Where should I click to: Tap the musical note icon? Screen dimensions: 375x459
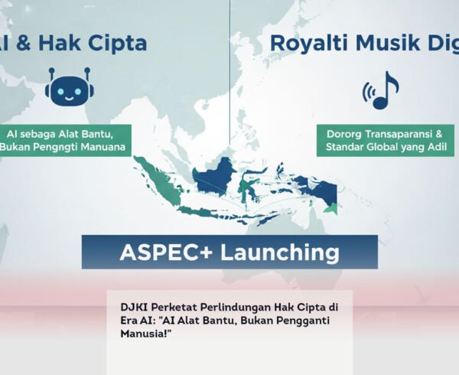383,90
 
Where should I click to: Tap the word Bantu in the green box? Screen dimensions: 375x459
104,132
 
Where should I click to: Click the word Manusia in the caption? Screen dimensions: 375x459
137,333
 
